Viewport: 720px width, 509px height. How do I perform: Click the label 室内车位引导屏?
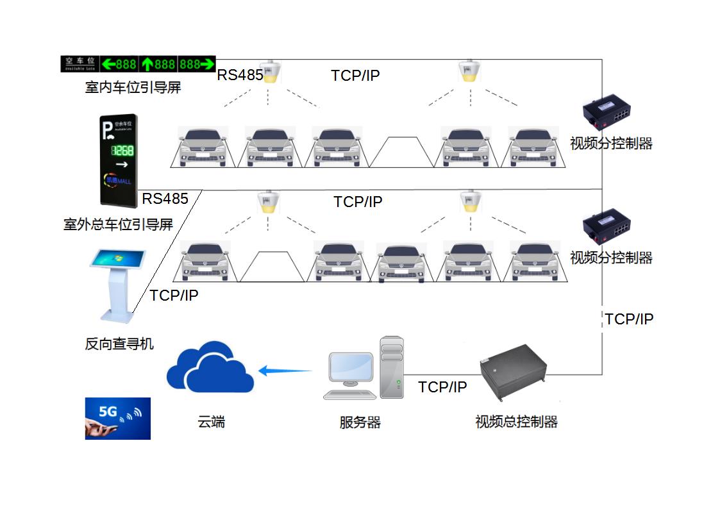click(x=133, y=87)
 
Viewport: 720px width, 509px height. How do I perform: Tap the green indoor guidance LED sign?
click(x=138, y=64)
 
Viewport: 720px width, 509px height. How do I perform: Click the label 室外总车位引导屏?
click(x=119, y=224)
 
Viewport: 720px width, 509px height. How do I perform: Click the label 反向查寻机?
click(x=119, y=344)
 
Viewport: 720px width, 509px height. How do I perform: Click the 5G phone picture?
click(x=118, y=418)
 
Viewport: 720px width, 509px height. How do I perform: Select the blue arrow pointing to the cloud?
click(x=285, y=370)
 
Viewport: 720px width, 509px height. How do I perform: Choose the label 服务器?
click(x=360, y=423)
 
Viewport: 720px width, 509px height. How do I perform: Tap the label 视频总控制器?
click(x=516, y=422)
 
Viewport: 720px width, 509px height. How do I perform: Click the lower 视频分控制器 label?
click(x=611, y=258)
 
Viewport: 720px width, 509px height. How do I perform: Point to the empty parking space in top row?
click(x=402, y=151)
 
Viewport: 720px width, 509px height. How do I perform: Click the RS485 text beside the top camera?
click(x=240, y=75)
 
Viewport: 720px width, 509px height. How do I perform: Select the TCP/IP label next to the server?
click(x=442, y=387)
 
